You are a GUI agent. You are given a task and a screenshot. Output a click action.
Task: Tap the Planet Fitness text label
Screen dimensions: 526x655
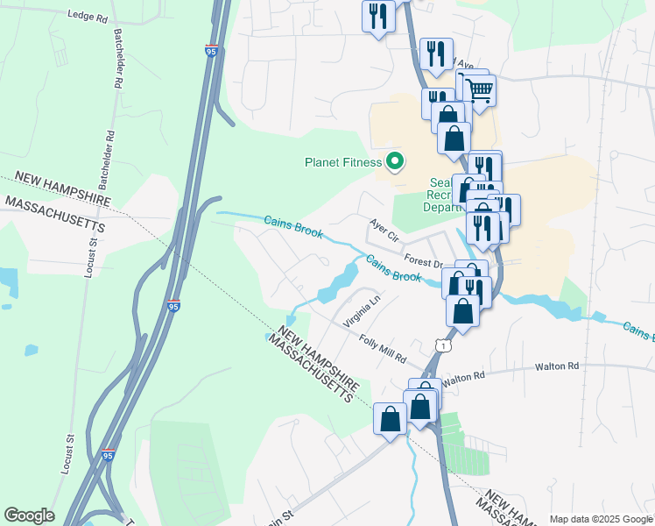(343, 162)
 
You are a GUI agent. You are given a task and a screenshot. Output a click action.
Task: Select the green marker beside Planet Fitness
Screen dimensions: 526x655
(394, 161)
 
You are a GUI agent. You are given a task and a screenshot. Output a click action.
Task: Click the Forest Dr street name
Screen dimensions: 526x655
(424, 261)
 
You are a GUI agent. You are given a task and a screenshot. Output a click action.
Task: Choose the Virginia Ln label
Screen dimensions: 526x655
(363, 311)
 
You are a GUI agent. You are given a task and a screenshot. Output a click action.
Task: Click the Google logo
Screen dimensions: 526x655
(29, 515)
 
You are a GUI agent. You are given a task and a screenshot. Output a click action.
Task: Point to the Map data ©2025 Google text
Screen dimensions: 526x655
(601, 519)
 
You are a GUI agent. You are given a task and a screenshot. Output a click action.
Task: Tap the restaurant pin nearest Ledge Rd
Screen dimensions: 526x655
(378, 18)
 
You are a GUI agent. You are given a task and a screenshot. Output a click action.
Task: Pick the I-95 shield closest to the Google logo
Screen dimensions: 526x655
(108, 456)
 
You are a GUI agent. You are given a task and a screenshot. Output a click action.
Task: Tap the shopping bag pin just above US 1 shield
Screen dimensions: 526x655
(462, 311)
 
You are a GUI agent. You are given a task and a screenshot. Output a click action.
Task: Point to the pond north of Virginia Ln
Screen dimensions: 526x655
(340, 281)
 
